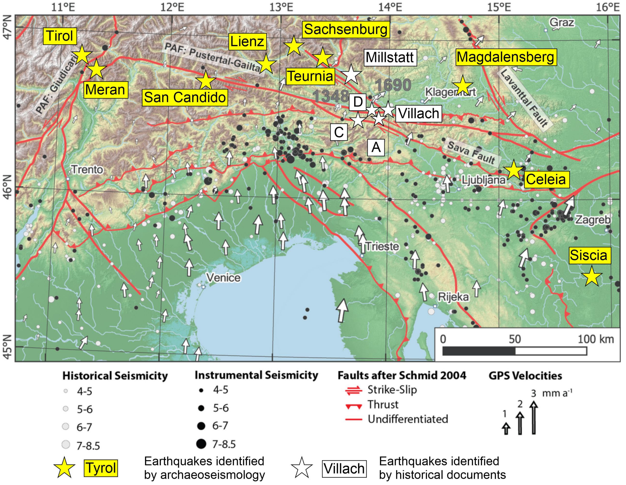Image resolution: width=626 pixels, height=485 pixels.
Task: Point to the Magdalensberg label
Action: (x=506, y=57)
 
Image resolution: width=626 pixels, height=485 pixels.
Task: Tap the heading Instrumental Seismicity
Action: (x=256, y=375)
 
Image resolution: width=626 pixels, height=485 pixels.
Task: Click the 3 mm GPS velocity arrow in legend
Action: (x=533, y=417)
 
